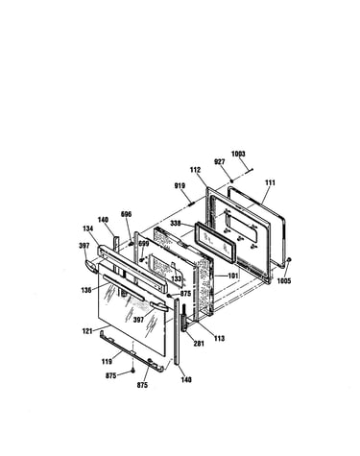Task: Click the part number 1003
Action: point(238,154)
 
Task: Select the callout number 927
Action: point(220,162)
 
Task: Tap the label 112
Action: point(195,170)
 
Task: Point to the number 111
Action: point(270,182)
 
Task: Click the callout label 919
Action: point(180,186)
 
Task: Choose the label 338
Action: point(176,223)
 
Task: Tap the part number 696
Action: point(126,214)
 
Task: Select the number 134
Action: point(87,228)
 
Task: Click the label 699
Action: point(144,244)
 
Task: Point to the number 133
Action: point(177,278)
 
